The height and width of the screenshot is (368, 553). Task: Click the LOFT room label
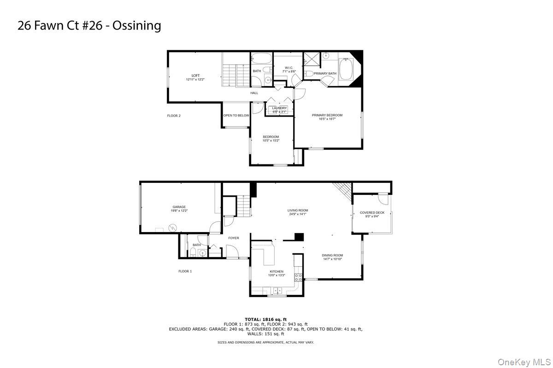pyautogui.click(x=196, y=76)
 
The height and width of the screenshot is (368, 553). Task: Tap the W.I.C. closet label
pyautogui.click(x=289, y=68)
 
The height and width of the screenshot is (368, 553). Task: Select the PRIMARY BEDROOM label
pyautogui.click(x=327, y=115)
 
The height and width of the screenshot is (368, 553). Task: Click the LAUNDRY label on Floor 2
pyautogui.click(x=279, y=108)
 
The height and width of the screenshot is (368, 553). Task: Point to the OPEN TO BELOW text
pyautogui.click(x=236, y=116)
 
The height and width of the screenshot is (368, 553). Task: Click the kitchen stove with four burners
pyautogui.click(x=298, y=277)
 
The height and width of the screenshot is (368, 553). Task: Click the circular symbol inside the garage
pyautogui.click(x=172, y=227)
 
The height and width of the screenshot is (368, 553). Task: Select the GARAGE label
pyautogui.click(x=179, y=207)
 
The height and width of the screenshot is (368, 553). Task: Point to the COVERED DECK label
pyautogui.click(x=372, y=213)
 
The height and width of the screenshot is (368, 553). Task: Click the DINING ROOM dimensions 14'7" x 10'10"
pyautogui.click(x=332, y=259)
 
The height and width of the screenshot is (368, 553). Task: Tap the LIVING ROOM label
pyautogui.click(x=298, y=210)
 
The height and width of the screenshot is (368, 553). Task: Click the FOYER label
pyautogui.click(x=234, y=238)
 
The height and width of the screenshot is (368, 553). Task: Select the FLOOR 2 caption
pyautogui.click(x=174, y=116)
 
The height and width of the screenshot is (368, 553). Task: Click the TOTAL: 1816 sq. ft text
pyautogui.click(x=265, y=319)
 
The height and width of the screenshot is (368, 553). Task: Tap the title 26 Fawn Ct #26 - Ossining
pyautogui.click(x=89, y=25)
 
